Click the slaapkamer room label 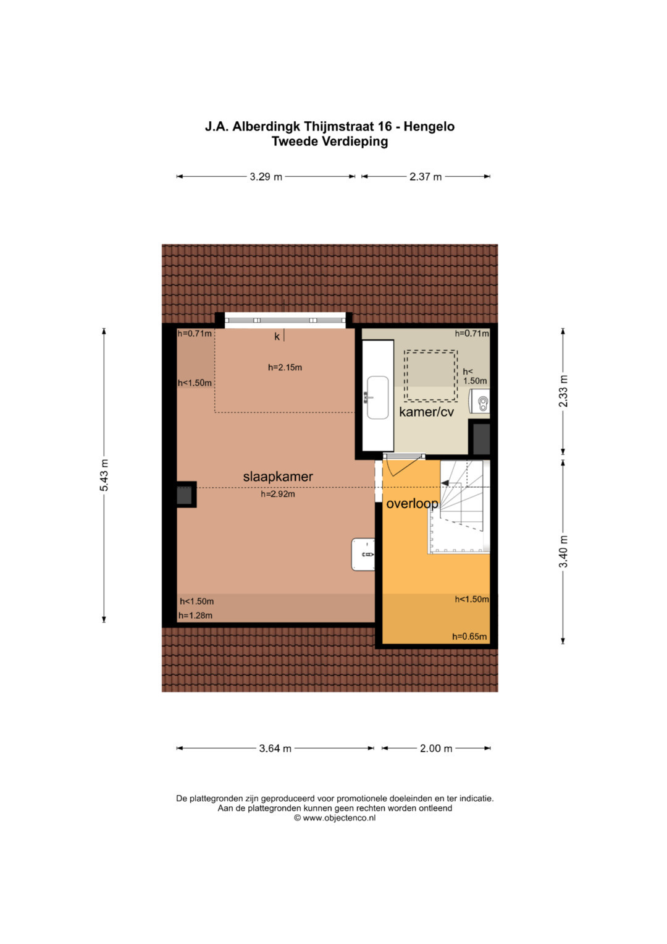point(278,477)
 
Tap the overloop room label point(413,504)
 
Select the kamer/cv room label point(426,412)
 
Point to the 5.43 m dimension point(104,475)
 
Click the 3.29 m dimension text point(266,177)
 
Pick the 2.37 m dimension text point(426,177)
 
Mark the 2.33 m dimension point(563,391)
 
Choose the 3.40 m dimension point(563,551)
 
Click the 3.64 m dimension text point(275,749)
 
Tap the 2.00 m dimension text point(436,749)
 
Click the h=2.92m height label point(278,494)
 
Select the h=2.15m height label point(285,367)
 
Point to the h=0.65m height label point(469,636)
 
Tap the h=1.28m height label point(195,615)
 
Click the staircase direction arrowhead point(444,483)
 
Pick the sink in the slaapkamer point(363,554)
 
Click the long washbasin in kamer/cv point(378,398)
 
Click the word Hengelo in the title point(429,127)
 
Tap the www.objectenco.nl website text point(339,818)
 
